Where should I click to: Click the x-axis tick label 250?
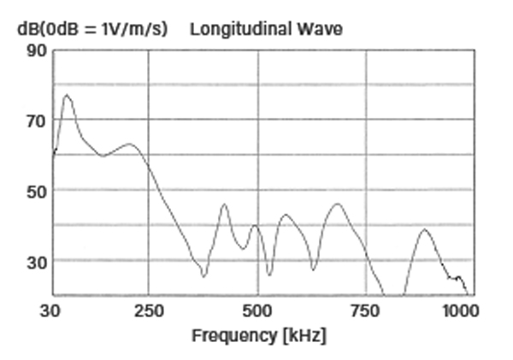(x=149, y=310)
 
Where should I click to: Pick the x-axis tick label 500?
(x=257, y=310)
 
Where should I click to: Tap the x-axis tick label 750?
(x=366, y=310)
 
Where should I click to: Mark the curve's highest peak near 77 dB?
(x=67, y=95)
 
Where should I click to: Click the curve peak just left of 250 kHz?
(x=130, y=144)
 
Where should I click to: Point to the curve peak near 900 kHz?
(x=422, y=229)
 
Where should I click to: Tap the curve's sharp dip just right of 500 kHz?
(x=270, y=274)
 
